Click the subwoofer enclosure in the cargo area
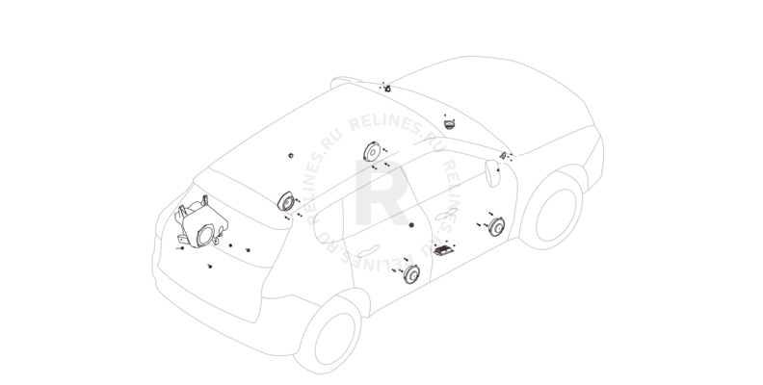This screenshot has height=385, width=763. pos(201,221)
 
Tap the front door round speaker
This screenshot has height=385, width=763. pos(496,226)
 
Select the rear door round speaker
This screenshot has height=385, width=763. pos(411,274)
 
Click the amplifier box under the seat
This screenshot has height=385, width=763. pos(444,250)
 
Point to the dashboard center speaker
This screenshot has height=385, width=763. pos(449,124)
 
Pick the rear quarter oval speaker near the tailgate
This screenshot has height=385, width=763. pos(286,201)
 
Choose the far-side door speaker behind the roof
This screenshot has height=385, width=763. pos(371,152)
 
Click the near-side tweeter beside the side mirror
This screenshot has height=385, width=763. pos(503,156)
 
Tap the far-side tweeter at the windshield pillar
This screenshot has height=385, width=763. pos(388,89)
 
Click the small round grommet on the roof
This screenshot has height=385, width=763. pos(291,156)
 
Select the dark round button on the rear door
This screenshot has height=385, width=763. pos(411,225)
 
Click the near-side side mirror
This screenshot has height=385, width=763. pos(492,173)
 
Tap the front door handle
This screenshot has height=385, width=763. pos(446,214)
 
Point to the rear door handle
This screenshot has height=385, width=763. pos(368,251)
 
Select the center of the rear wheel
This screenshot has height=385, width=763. pos(335,339)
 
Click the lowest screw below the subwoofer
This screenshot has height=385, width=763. pos(210,267)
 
